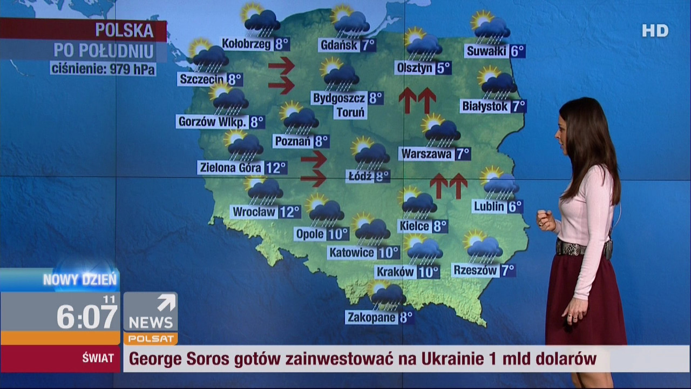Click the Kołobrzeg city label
click(x=247, y=44)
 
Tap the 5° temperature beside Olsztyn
click(x=443, y=68)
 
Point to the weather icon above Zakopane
click(x=387, y=295)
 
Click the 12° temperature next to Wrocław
click(x=289, y=211)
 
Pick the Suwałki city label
click(x=486, y=51)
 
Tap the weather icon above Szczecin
click(x=208, y=56)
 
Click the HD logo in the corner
click(x=655, y=31)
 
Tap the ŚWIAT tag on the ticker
click(x=98, y=358)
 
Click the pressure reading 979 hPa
click(x=132, y=69)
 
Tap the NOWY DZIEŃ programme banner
click(x=79, y=280)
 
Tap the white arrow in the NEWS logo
click(x=166, y=303)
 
